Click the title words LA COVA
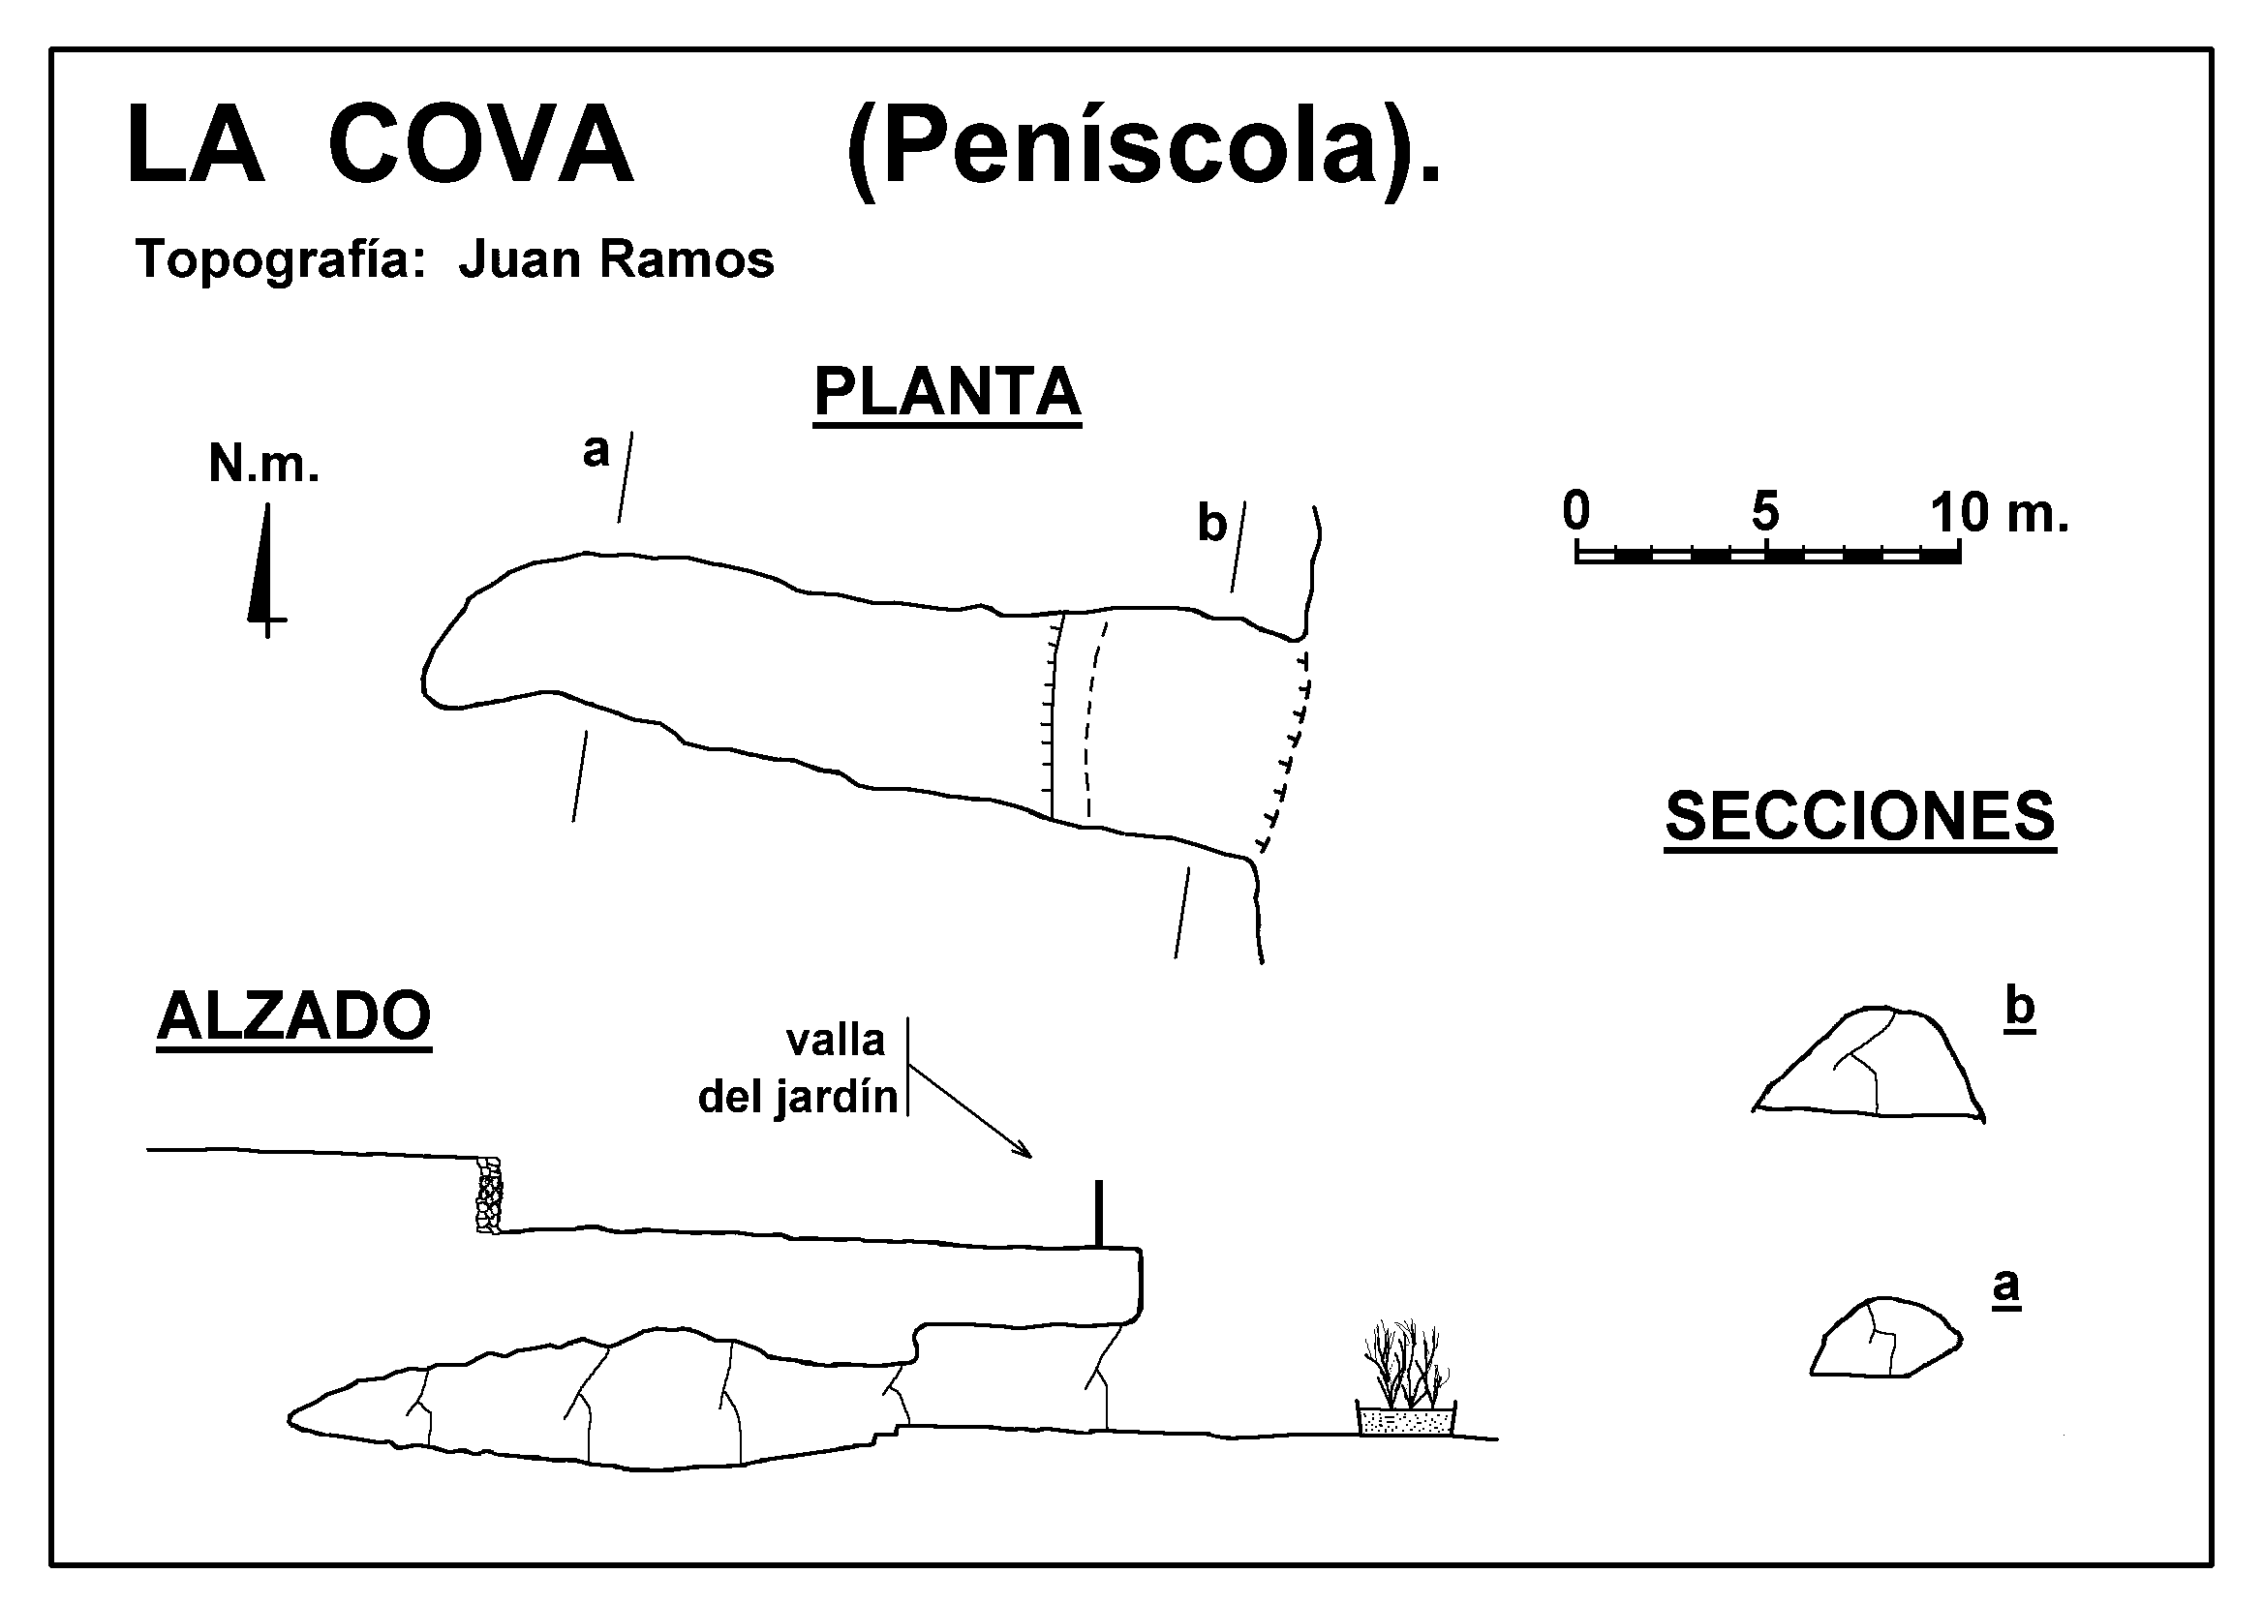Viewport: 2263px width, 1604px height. tap(380, 146)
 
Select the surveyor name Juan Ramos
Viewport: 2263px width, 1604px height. tap(617, 259)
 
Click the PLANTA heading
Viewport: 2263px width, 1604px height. tap(946, 392)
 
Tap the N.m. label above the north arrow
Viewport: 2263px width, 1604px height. tap(263, 464)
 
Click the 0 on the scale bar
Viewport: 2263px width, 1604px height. tap(1576, 511)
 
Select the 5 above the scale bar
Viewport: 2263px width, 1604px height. tap(1765, 512)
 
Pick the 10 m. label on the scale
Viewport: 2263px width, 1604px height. tap(1999, 513)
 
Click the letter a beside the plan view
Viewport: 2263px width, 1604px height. tap(596, 450)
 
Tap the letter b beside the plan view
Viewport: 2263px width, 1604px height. tap(1211, 523)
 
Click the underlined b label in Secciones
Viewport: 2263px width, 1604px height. tap(2019, 1009)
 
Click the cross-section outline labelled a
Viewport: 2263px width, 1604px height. tap(1884, 1339)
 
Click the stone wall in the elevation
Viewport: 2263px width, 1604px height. tap(489, 1195)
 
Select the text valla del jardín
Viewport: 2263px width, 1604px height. tap(799, 1069)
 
